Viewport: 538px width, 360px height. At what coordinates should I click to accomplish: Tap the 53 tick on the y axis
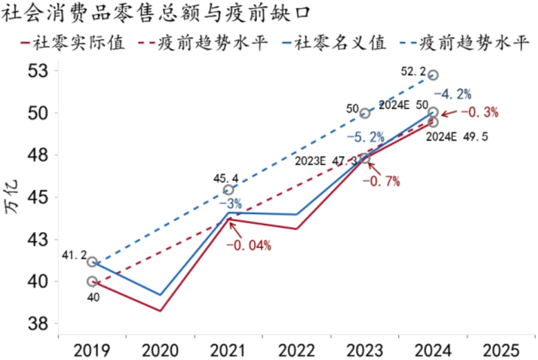pos(38,71)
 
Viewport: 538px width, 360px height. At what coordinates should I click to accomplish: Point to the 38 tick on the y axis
pos(38,324)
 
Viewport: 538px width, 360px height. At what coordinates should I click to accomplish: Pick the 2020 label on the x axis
pos(160,349)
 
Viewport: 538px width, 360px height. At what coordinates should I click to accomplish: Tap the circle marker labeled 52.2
pos(433,75)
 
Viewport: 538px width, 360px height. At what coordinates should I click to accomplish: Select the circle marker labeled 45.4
pos(229,190)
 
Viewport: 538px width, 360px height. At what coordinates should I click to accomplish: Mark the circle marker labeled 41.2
pos(92,262)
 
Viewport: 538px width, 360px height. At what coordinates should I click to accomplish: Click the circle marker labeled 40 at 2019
pos(92,281)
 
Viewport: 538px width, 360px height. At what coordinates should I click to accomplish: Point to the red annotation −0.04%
pos(249,245)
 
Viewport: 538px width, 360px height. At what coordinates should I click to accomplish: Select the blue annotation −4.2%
pos(452,94)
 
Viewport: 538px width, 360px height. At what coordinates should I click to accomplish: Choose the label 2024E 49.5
pos(457,137)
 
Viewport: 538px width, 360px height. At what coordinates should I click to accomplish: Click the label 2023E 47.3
pos(327,161)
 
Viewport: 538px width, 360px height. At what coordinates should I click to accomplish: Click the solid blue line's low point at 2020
pos(160,295)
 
